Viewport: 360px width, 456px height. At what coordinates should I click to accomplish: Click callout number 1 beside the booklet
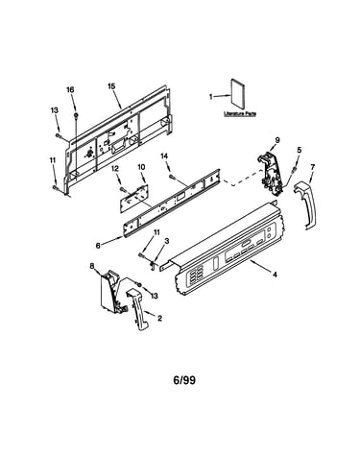click(211, 96)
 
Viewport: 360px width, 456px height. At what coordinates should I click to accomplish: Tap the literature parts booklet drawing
click(237, 94)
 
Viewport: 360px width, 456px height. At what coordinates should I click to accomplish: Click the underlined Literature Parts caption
click(240, 113)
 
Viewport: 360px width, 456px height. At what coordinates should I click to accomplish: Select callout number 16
click(70, 90)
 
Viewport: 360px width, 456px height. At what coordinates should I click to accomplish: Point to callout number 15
click(111, 86)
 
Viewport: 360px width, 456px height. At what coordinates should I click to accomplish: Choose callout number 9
click(277, 140)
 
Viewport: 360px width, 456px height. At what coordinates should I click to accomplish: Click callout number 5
click(300, 150)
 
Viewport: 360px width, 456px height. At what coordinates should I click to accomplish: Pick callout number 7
click(313, 167)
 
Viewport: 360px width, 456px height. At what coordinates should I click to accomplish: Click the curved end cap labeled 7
click(306, 204)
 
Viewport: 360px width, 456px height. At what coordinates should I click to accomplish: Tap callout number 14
click(164, 156)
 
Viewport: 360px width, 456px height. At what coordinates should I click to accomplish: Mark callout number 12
click(115, 168)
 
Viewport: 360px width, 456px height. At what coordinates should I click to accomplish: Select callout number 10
click(141, 167)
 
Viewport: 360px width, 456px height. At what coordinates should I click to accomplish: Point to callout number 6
click(98, 246)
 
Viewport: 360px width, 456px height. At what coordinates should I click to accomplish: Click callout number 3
click(167, 241)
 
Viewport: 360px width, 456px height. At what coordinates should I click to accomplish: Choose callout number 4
click(275, 275)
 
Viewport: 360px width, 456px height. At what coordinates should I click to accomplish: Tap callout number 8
click(92, 265)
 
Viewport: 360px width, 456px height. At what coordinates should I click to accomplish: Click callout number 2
click(159, 318)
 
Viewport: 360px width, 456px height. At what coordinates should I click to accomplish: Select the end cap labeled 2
click(137, 309)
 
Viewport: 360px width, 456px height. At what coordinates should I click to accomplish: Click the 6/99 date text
click(184, 380)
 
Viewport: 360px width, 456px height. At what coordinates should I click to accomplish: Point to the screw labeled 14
click(173, 176)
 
